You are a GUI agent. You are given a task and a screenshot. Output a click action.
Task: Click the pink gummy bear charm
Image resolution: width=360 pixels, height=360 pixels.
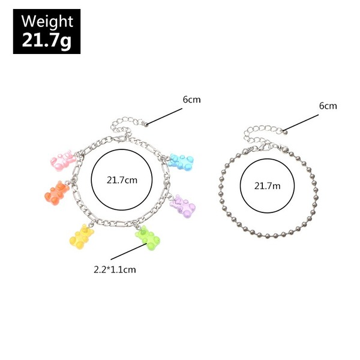point(61,160)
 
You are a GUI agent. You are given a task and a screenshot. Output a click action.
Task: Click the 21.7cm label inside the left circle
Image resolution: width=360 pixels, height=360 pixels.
point(122,179)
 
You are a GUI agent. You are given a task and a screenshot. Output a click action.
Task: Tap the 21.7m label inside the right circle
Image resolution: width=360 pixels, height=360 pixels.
point(268,185)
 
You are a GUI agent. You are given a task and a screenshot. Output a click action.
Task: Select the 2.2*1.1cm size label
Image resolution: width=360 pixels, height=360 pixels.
point(115,269)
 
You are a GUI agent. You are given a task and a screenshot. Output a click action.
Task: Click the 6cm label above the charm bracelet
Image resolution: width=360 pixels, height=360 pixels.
point(192,100)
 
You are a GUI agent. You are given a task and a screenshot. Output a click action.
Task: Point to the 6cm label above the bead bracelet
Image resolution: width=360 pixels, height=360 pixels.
point(328,106)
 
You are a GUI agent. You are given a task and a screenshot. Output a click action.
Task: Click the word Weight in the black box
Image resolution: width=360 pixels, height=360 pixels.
point(47,22)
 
